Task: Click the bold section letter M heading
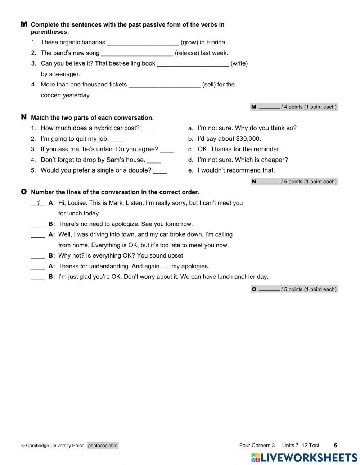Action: [24, 24]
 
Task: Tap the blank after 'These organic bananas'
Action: [143, 43]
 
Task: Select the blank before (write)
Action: [193, 64]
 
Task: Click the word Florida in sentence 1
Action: [216, 43]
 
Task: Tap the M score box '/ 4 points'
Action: [294, 107]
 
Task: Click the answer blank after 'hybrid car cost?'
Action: [148, 129]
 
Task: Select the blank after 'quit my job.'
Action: [117, 139]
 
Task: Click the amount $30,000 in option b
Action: [248, 139]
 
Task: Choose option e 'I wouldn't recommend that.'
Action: [236, 170]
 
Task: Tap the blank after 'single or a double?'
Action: [160, 171]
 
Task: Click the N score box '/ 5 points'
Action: [294, 182]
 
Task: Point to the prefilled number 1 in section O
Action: [38, 203]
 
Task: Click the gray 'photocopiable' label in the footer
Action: [103, 446]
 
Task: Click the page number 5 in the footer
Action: [336, 446]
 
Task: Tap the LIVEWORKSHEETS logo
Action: [304, 457]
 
